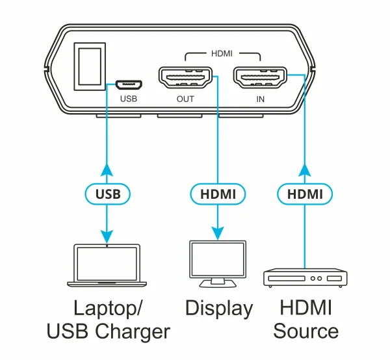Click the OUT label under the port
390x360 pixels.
coord(185,99)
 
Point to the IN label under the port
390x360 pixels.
coord(260,99)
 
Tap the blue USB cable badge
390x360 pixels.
coord(107,193)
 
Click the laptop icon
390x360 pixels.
coord(107,265)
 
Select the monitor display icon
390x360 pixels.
coord(218,263)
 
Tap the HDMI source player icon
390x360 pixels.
coord(304,278)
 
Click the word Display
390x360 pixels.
coord(219,308)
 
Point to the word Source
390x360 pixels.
coord(305,331)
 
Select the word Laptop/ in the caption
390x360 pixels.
coord(108,308)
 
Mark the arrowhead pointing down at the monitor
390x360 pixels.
coord(218,231)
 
